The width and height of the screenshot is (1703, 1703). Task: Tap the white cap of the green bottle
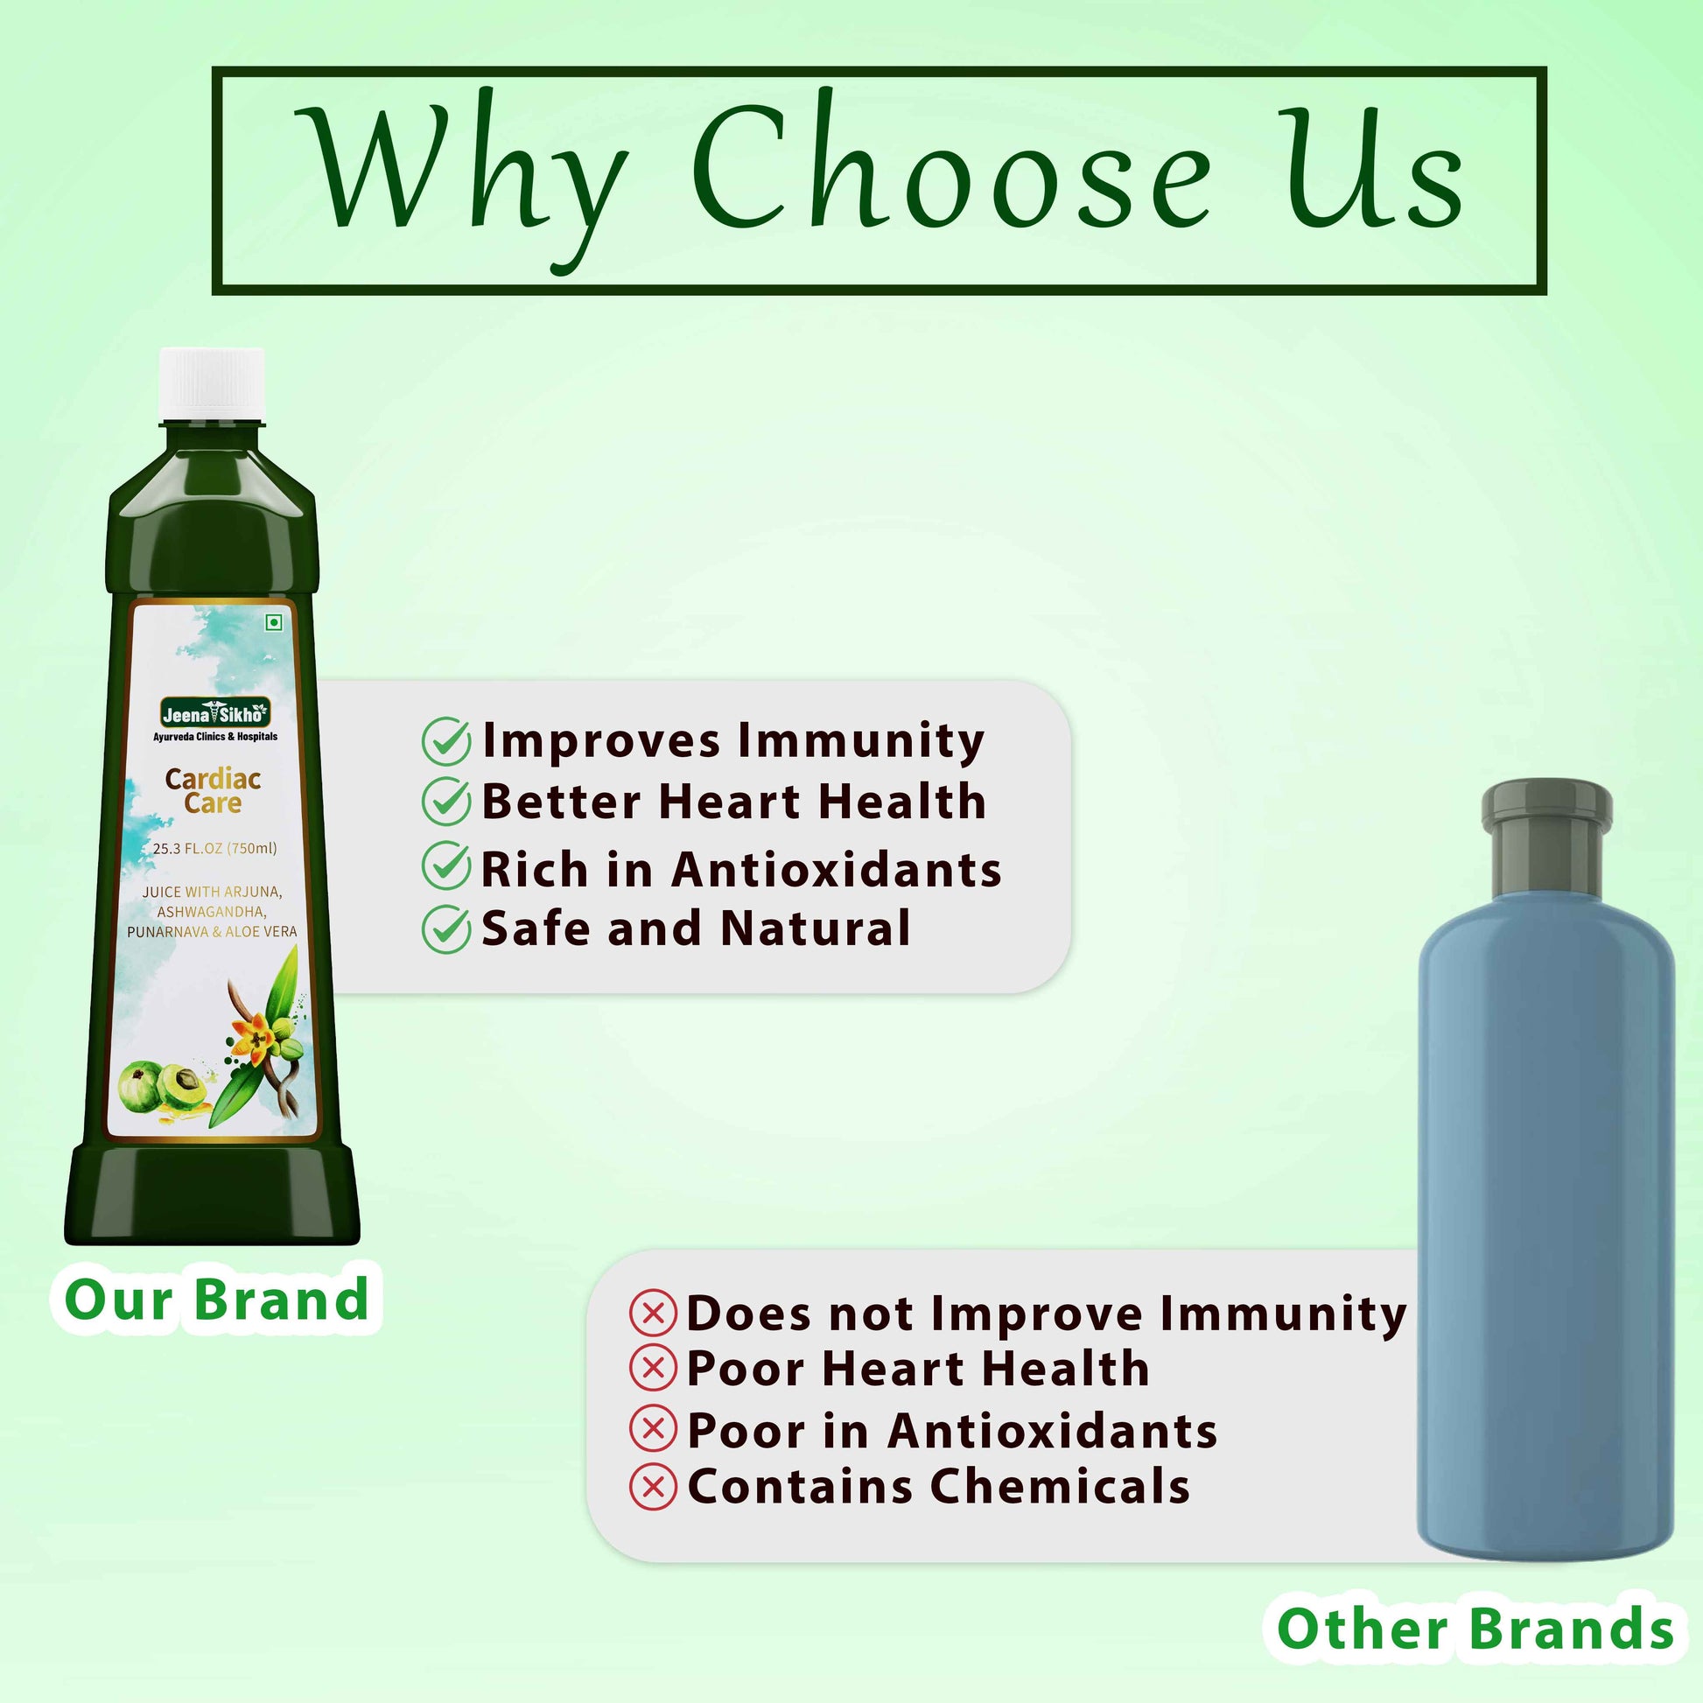pos(212,383)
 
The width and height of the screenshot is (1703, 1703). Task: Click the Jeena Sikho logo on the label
pos(215,713)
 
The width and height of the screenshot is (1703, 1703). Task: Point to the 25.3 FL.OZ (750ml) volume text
pos(215,848)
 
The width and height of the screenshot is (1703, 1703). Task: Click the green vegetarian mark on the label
pos(274,622)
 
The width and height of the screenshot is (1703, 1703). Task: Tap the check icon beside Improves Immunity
pos(446,740)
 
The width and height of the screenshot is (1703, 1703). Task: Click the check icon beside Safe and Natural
pos(446,929)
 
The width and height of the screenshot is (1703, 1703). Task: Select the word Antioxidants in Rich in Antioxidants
pos(837,869)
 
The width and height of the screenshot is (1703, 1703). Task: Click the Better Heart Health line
pos(733,802)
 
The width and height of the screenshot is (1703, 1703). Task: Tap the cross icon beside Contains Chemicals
pos(653,1486)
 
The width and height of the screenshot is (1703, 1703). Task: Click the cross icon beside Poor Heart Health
pos(653,1368)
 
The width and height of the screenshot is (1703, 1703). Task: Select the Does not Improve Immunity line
pos(1047,1314)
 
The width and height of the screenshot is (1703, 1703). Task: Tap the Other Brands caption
pos(1475,1628)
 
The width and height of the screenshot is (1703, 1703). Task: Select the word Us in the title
pos(1370,166)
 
